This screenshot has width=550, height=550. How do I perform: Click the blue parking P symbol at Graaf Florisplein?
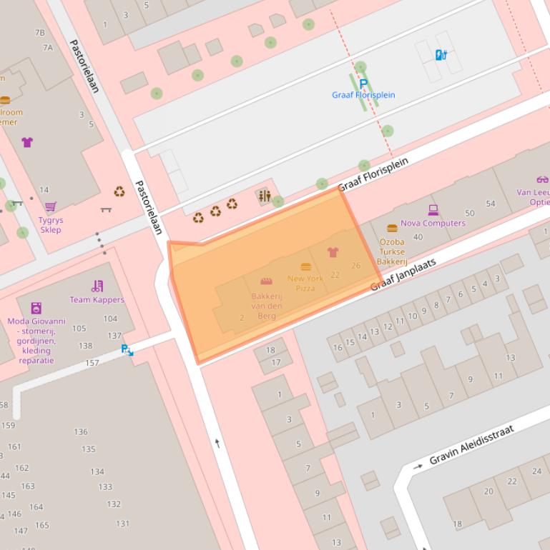pos(363,84)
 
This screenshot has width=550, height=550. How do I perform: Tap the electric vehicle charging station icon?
pos(441,54)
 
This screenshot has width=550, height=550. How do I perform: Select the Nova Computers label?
pos(433,223)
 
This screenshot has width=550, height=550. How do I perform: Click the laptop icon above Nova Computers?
pos(433,210)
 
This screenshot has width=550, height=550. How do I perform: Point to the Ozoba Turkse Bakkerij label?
pos(391,251)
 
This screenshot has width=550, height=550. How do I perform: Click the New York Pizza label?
pos(305,283)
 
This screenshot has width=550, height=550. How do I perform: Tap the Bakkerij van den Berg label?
pos(267,306)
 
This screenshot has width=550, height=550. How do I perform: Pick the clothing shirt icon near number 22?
pos(333,252)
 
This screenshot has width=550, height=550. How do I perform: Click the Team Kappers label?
pos(97,300)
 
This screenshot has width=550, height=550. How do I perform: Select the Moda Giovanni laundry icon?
pos(36,308)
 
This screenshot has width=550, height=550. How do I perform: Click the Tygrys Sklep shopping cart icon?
pos(51,207)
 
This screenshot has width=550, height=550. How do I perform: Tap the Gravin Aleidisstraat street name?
pos(473,444)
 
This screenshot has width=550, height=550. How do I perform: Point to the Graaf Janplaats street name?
pos(403,275)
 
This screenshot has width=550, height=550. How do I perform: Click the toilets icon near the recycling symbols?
pos(265,196)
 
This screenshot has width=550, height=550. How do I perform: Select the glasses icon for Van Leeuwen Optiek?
pos(542,179)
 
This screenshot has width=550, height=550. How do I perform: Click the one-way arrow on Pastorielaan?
pos(217,444)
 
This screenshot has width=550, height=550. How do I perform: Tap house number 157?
pos(92,363)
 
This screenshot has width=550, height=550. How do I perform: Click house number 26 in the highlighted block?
pos(356,266)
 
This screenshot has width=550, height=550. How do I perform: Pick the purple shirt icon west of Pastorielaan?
pos(27,142)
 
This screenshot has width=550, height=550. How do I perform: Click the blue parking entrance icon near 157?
pos(127,350)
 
